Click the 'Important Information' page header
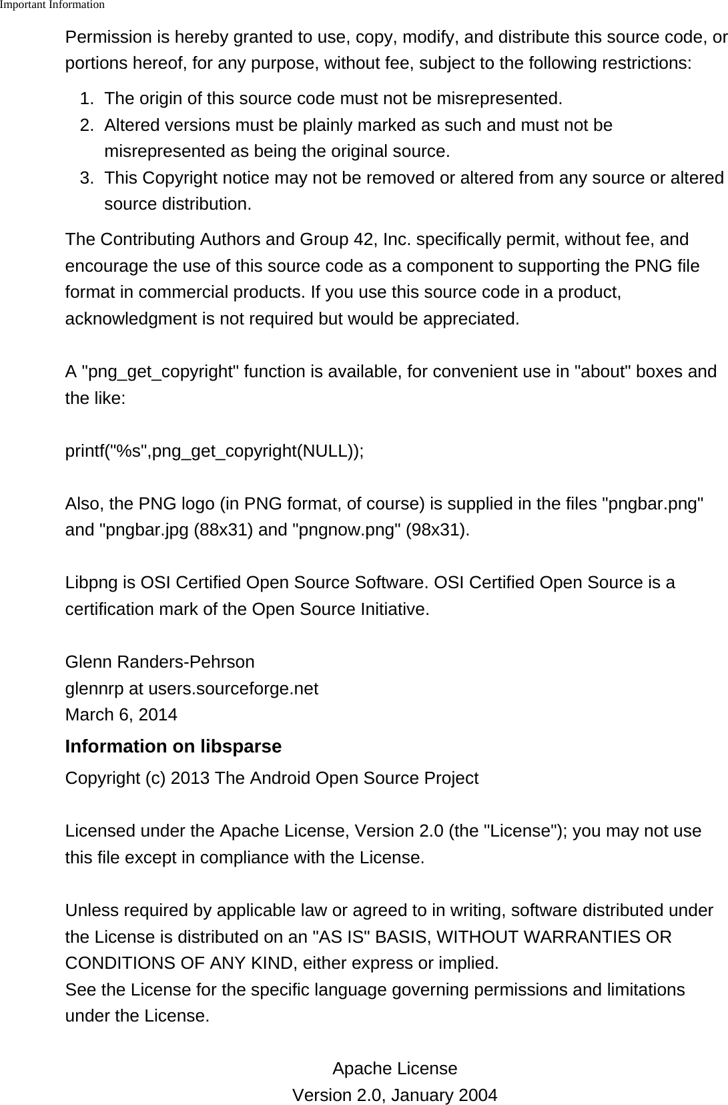52,5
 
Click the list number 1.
85,99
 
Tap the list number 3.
85,178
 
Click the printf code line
214,451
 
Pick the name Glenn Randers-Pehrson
159,662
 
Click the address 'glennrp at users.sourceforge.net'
192,689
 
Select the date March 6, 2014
121,715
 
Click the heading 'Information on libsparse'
173,746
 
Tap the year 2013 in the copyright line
190,779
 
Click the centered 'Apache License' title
394,1069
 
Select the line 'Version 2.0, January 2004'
394,1096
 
